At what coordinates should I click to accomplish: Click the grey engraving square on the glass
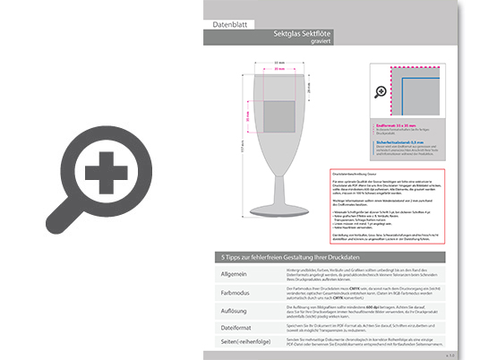coord(279,112)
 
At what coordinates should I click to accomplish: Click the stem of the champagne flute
coord(279,184)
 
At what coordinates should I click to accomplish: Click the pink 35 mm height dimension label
coord(248,113)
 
